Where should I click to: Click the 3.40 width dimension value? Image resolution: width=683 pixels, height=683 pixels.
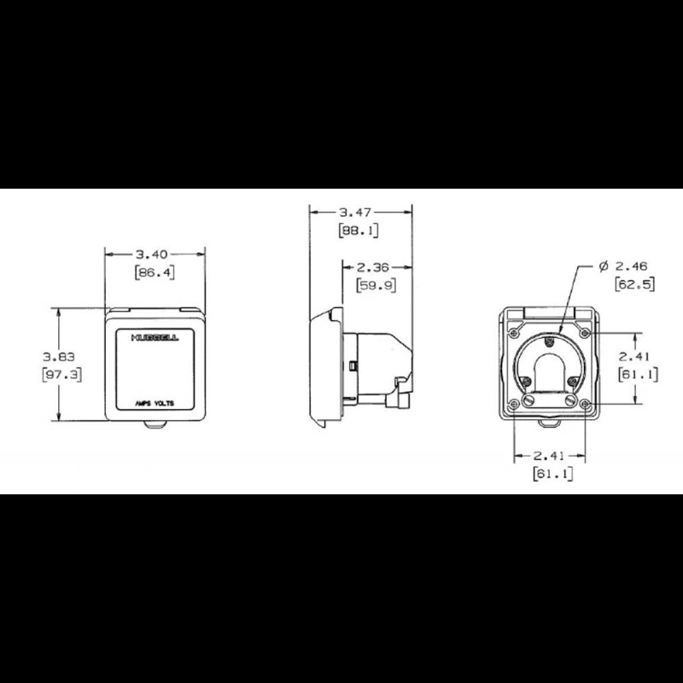[x=155, y=253]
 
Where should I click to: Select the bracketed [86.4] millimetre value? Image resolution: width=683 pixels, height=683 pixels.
[x=155, y=272]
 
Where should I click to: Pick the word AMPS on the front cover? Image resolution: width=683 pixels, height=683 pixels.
[x=142, y=403]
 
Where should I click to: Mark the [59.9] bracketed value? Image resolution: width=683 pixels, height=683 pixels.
[x=376, y=285]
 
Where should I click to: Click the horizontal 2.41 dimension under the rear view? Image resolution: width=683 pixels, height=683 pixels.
[x=550, y=453]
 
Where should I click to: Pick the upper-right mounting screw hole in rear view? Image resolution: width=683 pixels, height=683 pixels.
[x=585, y=325]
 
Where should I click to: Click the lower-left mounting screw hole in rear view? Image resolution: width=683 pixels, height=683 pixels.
[x=513, y=404]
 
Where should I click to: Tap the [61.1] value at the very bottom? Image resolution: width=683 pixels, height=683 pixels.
[x=552, y=473]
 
